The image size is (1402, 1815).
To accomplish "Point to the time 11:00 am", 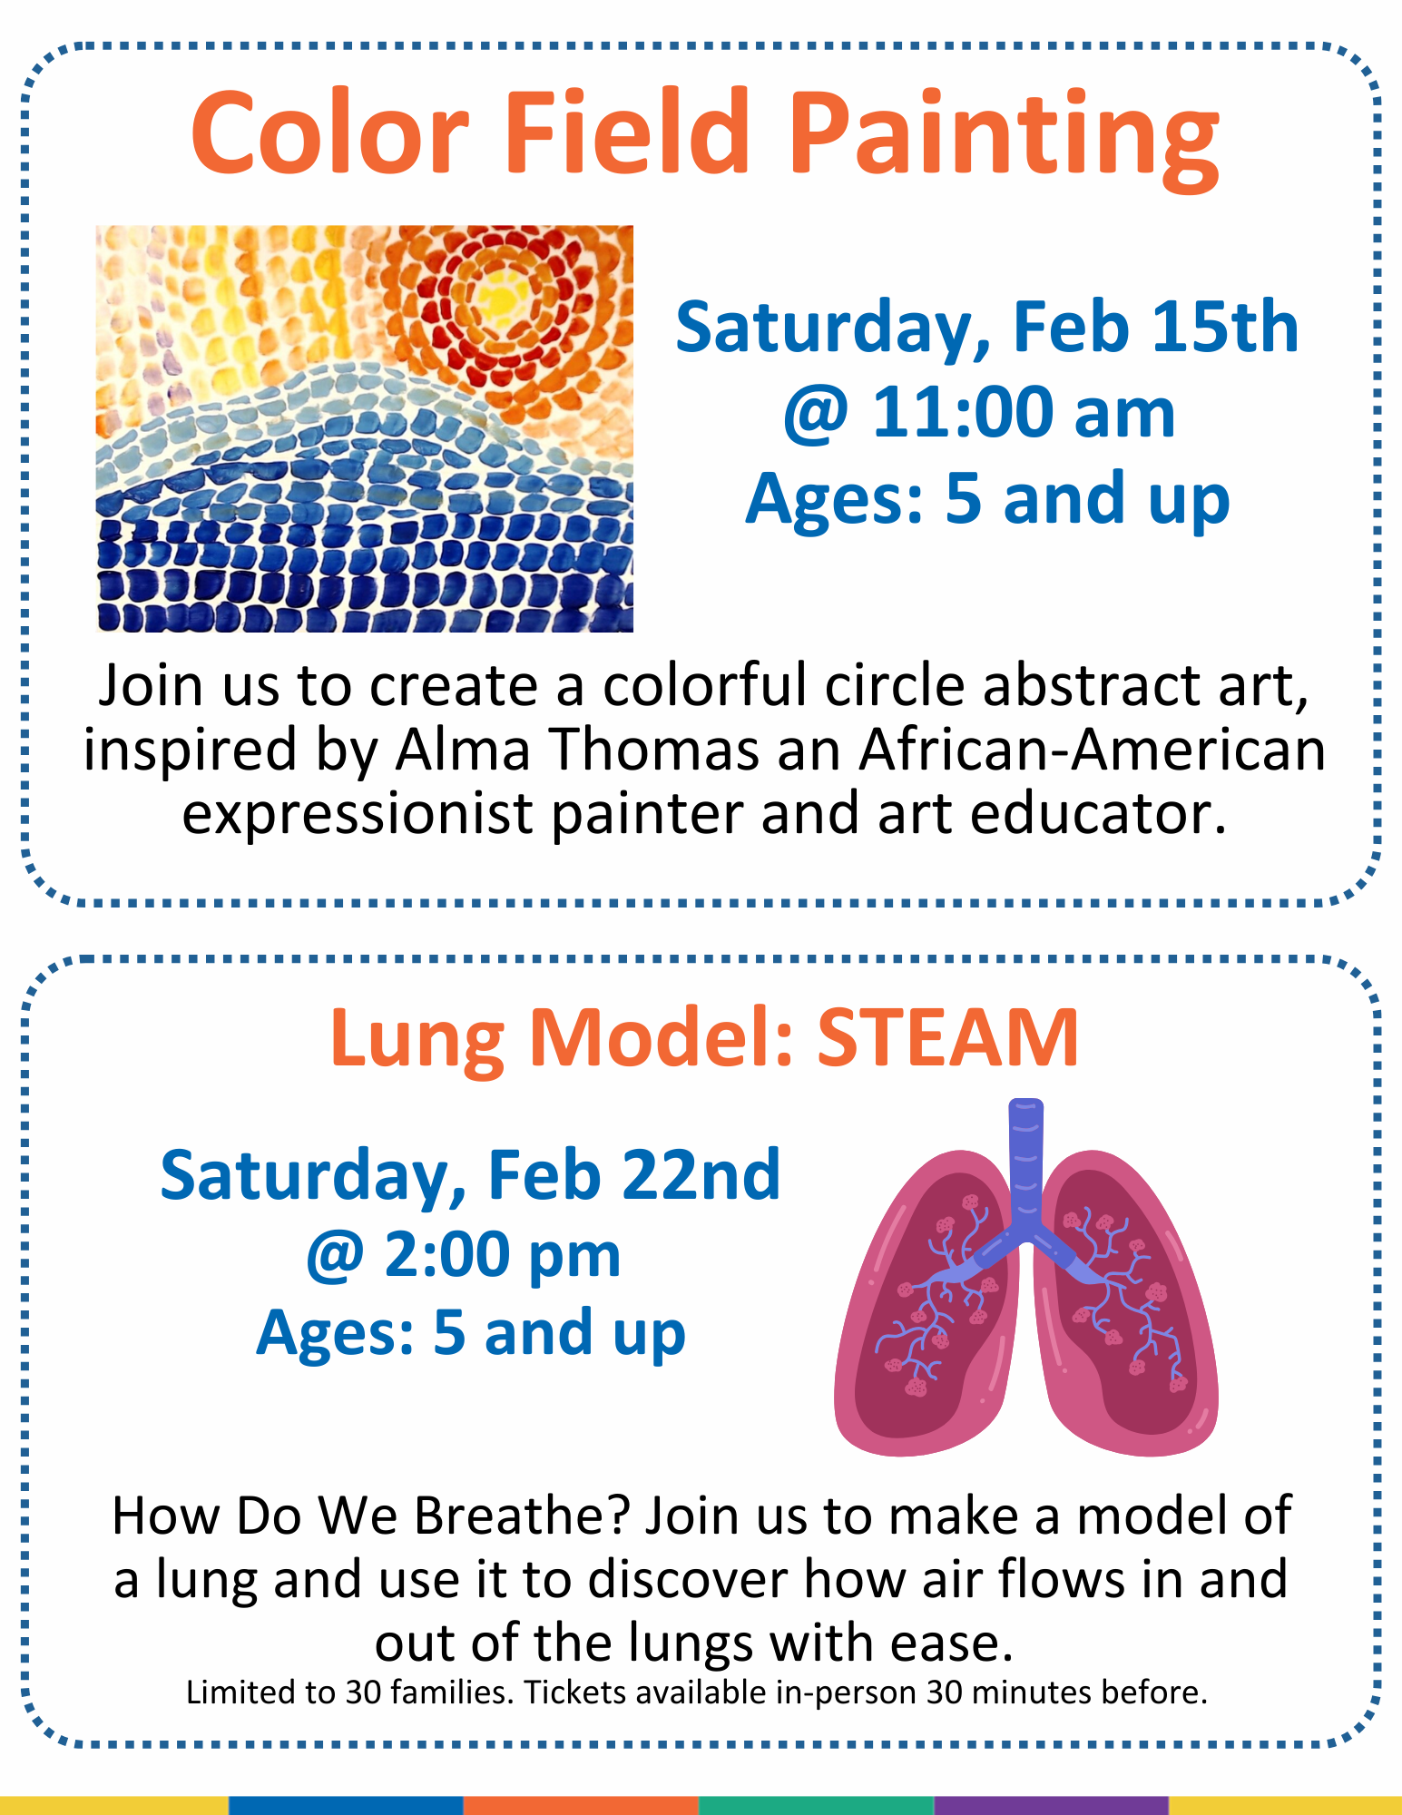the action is coord(1024,413).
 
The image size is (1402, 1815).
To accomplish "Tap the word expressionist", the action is coord(358,815).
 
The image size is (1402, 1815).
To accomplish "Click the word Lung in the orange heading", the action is coord(417,1041).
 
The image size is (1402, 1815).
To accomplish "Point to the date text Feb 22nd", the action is coord(634,1175).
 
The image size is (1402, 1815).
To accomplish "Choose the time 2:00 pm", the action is coord(503,1256).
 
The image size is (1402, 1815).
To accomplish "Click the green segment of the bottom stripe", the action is coord(817,1805).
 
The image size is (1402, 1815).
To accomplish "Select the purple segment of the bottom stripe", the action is coord(1052,1805).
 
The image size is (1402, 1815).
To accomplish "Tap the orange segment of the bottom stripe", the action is coord(582,1805).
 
